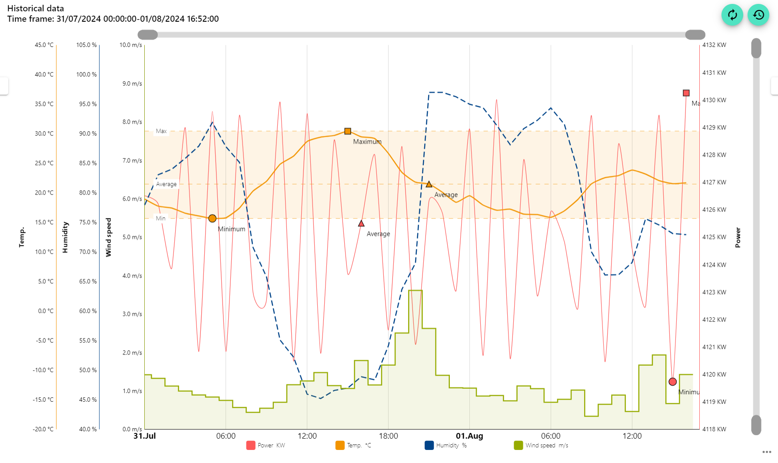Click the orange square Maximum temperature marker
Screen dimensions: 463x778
click(348, 131)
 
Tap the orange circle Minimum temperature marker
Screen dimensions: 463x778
click(212, 218)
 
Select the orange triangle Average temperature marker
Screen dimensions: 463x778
click(429, 185)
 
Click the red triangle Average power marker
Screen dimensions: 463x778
click(361, 224)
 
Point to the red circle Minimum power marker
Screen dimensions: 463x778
click(672, 382)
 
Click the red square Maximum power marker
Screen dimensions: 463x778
click(686, 93)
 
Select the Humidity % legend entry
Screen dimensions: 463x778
click(446, 445)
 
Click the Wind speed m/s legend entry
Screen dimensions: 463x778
click(541, 445)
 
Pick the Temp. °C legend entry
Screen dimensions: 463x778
click(353, 445)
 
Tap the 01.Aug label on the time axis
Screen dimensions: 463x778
click(469, 436)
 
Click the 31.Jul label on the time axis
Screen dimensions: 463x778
click(145, 436)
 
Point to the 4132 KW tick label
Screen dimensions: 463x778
click(714, 45)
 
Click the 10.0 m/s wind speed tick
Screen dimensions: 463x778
click(131, 45)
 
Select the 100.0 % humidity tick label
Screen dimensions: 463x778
click(86, 75)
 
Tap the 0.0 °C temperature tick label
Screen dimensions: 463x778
click(46, 311)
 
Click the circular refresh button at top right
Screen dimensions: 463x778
click(732, 15)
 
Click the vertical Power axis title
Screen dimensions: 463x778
click(738, 237)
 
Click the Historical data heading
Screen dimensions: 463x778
click(36, 8)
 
